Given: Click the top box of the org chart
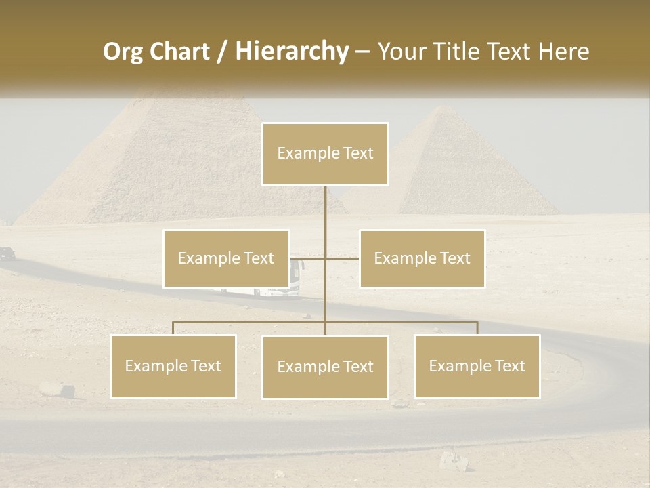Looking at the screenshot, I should point(325,154).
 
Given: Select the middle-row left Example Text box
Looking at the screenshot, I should point(226,258).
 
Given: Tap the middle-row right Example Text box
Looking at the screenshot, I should point(422,258).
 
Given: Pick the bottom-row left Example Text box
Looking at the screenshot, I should point(173,366).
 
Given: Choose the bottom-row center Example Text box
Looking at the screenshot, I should point(325,367).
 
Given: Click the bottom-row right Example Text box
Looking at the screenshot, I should point(477,366).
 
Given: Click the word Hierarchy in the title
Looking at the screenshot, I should point(292,52).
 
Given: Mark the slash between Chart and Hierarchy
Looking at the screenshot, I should point(223,52).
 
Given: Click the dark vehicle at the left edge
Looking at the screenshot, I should point(7,253).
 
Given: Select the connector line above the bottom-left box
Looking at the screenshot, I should point(173,328).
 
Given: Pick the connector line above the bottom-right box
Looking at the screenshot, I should point(477,328).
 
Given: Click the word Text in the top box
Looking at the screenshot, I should point(357,153).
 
